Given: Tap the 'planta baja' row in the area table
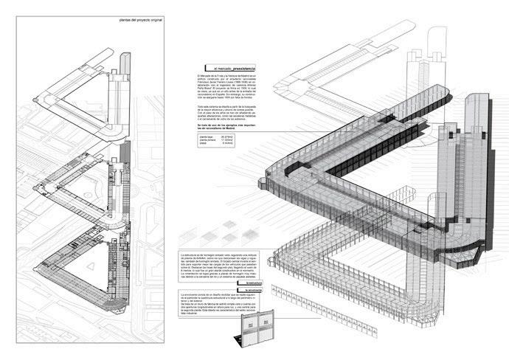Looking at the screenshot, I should (x=211, y=136).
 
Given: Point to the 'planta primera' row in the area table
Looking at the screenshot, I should (x=211, y=141).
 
